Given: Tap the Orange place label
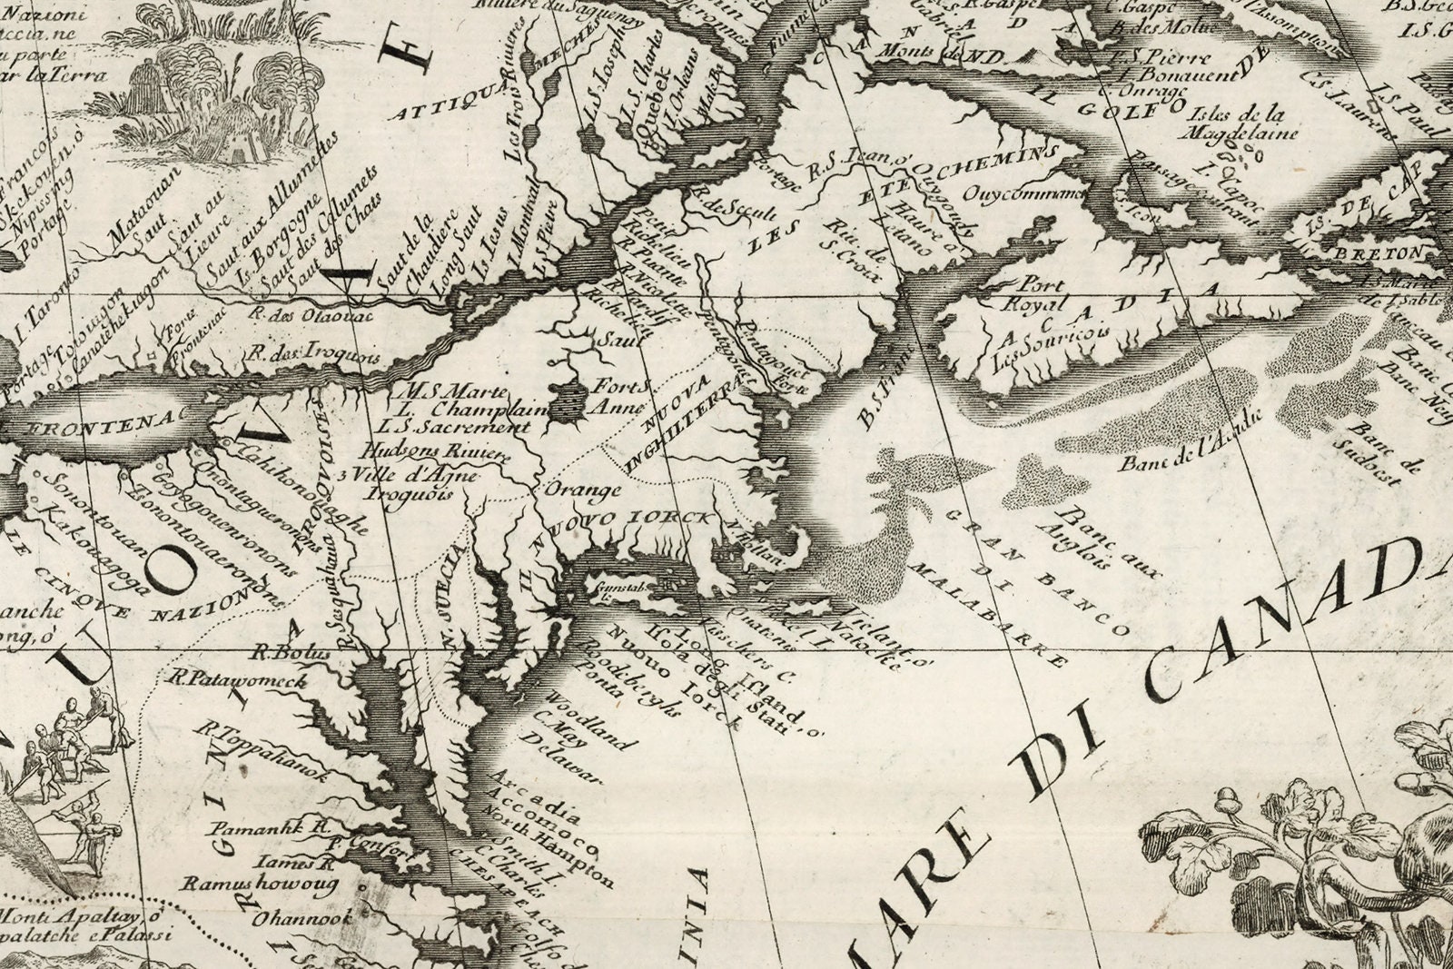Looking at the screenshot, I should pos(582,491).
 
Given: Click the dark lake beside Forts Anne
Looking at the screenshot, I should pos(569,400).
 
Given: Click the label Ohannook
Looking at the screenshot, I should pos(301,919).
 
